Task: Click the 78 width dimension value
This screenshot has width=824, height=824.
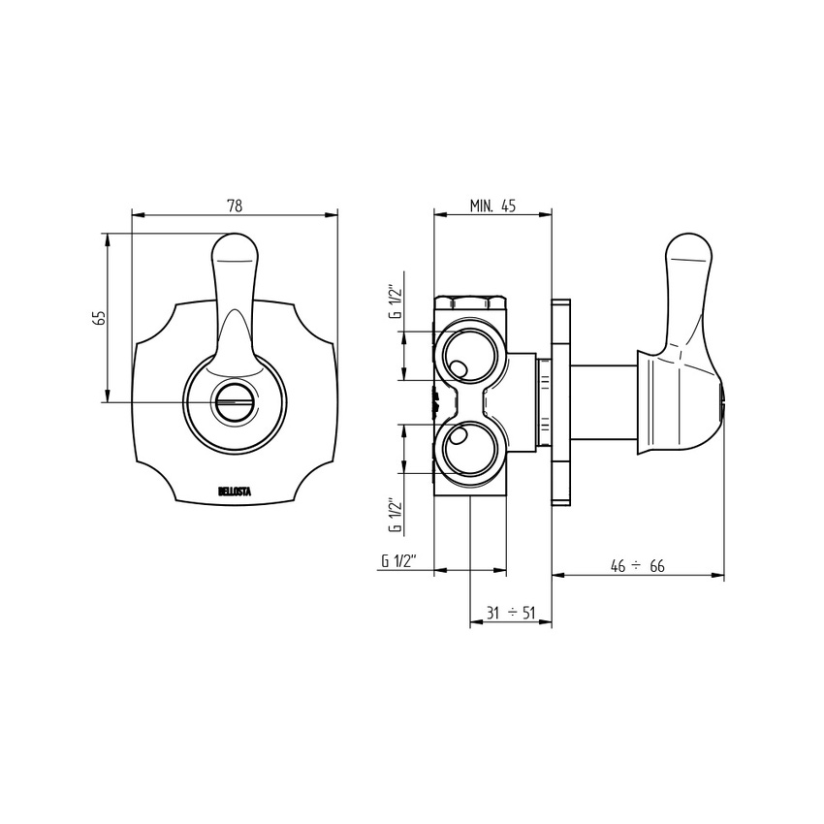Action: point(234,206)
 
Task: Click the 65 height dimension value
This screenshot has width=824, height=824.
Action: point(98,319)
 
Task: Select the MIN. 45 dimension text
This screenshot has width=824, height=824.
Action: point(492,205)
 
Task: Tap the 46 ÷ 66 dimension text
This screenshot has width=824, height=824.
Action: point(637,566)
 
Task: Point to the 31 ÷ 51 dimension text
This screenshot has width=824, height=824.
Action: point(510,613)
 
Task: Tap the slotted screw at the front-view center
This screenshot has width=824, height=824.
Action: point(234,400)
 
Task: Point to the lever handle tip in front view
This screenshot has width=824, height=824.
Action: point(234,250)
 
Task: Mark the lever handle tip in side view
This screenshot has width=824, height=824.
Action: point(690,252)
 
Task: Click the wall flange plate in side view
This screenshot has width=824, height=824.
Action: point(560,401)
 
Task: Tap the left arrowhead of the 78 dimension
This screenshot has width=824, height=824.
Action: point(135,215)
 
